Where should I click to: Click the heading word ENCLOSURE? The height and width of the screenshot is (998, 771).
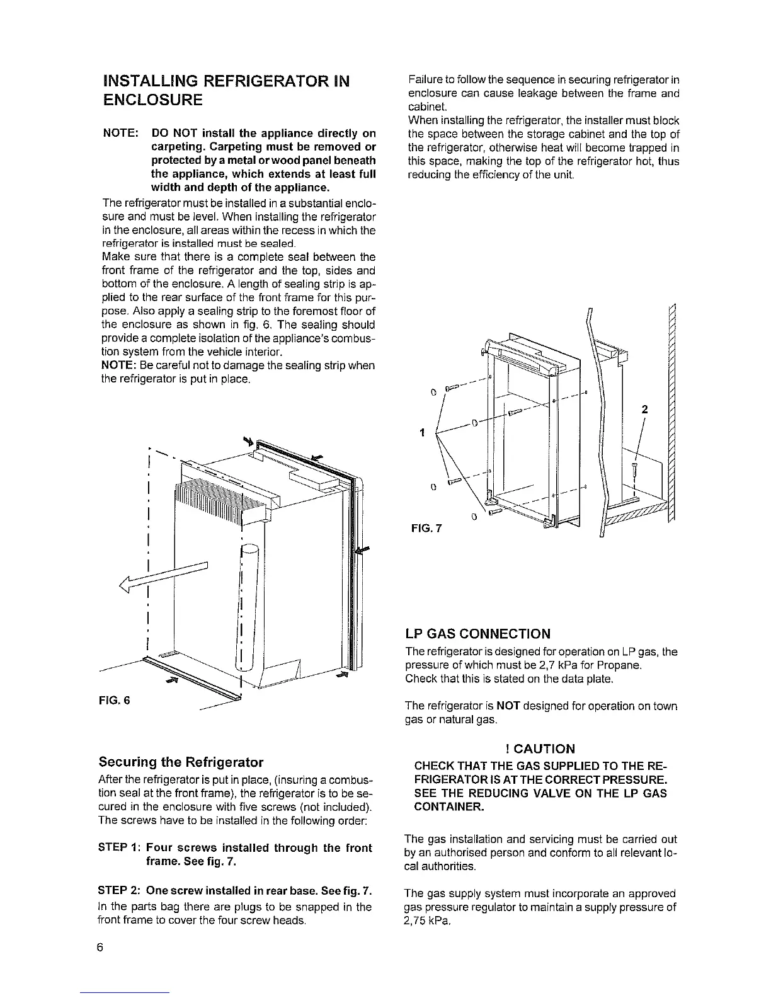(x=152, y=100)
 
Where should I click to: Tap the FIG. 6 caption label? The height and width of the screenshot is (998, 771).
(x=116, y=701)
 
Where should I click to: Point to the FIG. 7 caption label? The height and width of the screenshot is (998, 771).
(x=426, y=528)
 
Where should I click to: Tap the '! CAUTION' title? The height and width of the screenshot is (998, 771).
(x=540, y=749)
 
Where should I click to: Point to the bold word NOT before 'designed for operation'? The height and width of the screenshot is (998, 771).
(x=507, y=706)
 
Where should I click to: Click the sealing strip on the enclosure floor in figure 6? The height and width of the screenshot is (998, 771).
(x=189, y=674)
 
